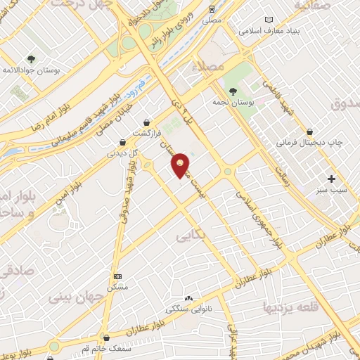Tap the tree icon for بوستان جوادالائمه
pyautogui.click(x=30, y=58)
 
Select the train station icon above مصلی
pyautogui.click(x=212, y=8)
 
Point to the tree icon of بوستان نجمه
pyautogui.click(x=233, y=91)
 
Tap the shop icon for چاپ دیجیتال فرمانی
pyautogui.click(x=310, y=131)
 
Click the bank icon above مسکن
pyautogui.click(x=117, y=276)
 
